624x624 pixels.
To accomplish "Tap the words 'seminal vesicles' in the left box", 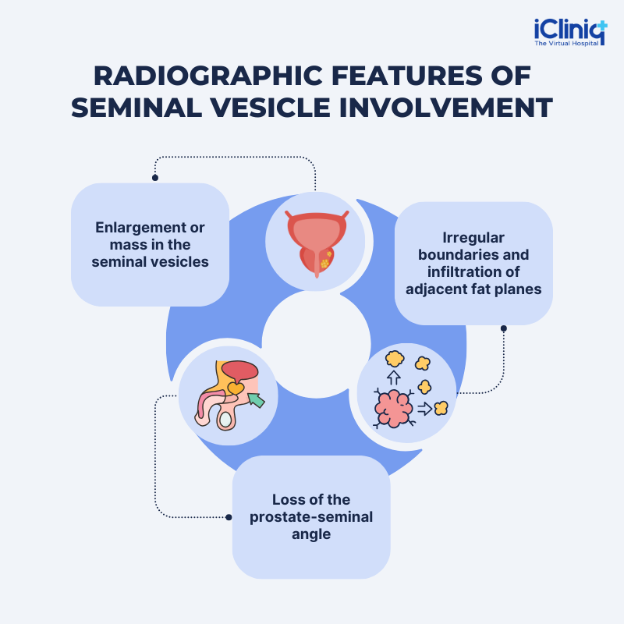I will pyautogui.click(x=150, y=262).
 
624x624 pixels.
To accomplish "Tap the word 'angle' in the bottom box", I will pyautogui.click(x=311, y=534).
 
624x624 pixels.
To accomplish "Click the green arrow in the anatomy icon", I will pyautogui.click(x=256, y=401).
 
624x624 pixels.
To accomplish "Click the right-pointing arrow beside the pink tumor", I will pyautogui.click(x=424, y=407).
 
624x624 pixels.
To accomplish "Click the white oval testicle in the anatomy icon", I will pyautogui.click(x=225, y=420).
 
